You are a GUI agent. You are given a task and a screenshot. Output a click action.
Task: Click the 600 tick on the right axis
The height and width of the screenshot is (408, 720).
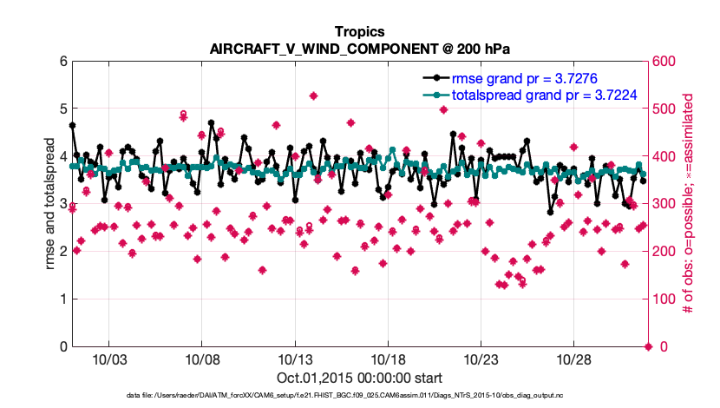click(664, 62)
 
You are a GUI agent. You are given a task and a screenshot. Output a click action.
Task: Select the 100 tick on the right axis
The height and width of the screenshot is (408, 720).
click(664, 299)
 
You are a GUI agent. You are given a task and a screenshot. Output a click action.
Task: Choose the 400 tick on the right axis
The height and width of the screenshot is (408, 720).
click(664, 157)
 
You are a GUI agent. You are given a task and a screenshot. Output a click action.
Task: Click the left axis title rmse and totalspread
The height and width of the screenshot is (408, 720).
click(50, 204)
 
